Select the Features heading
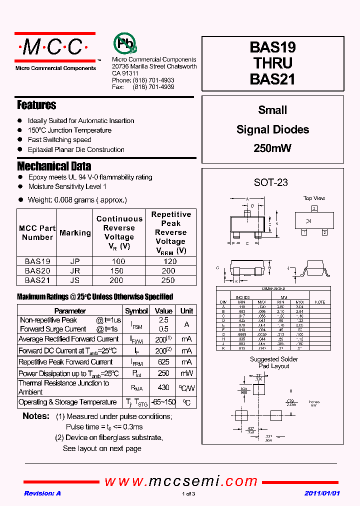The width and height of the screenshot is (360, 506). tap(36, 105)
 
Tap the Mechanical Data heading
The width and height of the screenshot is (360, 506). tap(54, 166)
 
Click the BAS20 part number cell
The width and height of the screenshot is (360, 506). tap(37, 270)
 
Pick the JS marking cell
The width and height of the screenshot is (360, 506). tap(75, 280)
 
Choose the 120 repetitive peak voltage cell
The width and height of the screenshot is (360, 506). tap(170, 261)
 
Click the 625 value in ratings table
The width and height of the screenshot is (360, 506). tap(163, 361)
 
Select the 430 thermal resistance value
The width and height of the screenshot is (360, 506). tap(163, 387)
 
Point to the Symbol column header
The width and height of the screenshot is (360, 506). tap(136, 310)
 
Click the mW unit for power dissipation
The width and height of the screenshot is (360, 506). tap(186, 373)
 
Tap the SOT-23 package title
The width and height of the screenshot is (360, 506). tap(271, 182)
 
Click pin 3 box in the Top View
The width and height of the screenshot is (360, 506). tap(314, 208)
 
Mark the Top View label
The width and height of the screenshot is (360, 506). tap(314, 198)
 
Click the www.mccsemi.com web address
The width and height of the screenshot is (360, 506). tap(180, 481)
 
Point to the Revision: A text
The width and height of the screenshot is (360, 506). tap(42, 493)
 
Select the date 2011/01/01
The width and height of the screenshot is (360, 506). tap(322, 493)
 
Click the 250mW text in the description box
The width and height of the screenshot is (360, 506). tap(272, 148)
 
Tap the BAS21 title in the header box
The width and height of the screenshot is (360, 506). tap(272, 79)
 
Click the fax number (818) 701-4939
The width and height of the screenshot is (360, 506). tap(153, 86)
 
